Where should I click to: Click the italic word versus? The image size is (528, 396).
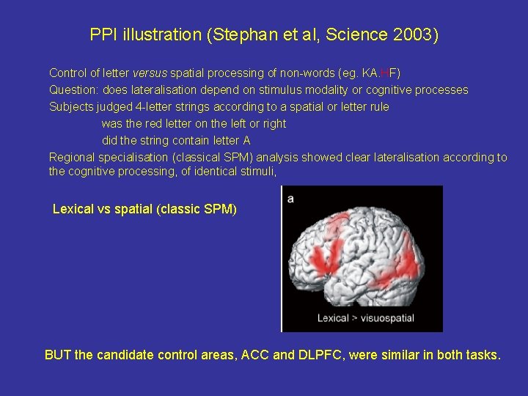(x=149, y=73)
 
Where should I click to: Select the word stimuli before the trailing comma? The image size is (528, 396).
(x=255, y=172)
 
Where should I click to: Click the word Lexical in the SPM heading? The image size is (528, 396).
(x=73, y=210)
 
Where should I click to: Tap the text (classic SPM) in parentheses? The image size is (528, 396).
(x=197, y=210)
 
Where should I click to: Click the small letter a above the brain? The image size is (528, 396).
(x=290, y=199)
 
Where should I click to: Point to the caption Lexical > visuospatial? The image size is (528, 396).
(x=365, y=318)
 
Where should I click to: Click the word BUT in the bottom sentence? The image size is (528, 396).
(x=58, y=356)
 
